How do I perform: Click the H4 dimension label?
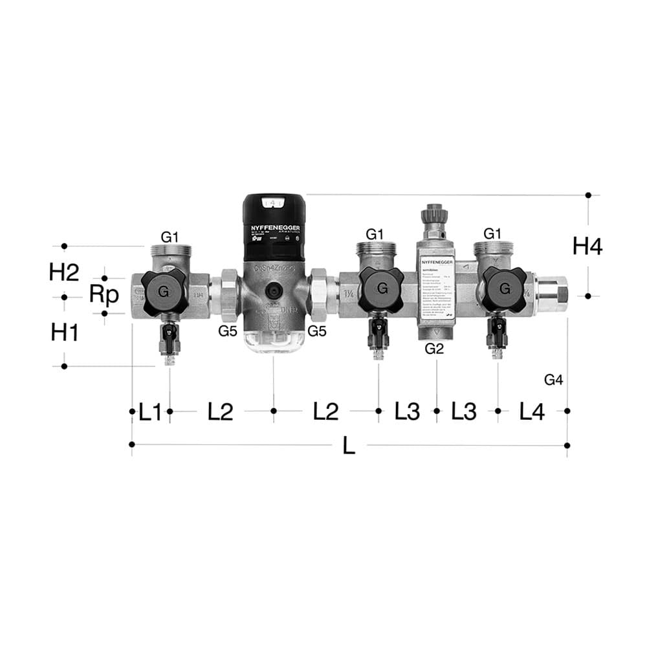coord(587,246)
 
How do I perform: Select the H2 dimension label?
coord(63,272)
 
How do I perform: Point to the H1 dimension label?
coord(64,333)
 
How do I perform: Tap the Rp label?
coord(104,294)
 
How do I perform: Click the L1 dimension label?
coord(149,411)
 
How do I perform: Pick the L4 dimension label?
coord(532,411)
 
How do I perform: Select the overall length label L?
coord(349,446)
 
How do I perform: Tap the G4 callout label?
coord(553,380)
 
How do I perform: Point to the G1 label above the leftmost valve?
coord(170,237)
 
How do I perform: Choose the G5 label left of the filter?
coord(228,331)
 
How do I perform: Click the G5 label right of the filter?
coord(317,331)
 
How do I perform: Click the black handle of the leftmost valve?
coord(164,292)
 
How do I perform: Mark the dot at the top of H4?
coord(588,195)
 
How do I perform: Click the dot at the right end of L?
coord(567,445)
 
